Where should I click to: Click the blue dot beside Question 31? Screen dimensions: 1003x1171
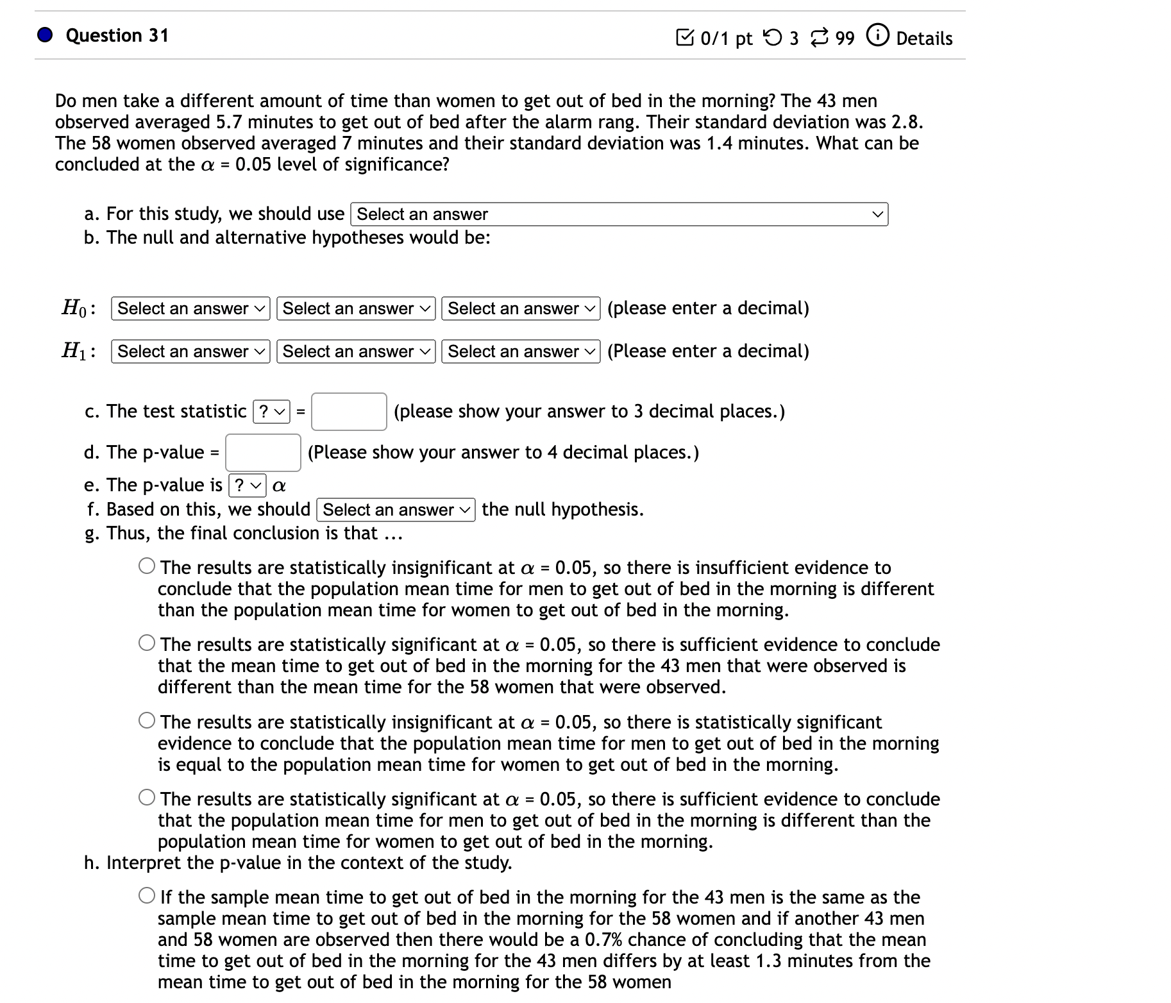pos(44,35)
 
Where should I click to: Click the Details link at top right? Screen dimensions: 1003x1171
pos(923,38)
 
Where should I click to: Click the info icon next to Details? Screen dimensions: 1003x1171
pos(877,36)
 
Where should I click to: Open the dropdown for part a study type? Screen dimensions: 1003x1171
pos(619,214)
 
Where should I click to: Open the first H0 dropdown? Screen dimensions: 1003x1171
pos(190,308)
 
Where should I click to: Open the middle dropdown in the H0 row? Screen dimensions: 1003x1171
pos(356,308)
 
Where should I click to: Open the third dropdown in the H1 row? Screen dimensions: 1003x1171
pos(521,351)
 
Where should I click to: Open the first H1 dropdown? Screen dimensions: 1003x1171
pos(190,351)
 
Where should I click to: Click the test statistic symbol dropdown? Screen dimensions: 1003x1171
pos(272,412)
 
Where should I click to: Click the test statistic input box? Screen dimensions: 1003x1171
pos(349,412)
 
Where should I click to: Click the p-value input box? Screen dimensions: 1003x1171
pos(263,453)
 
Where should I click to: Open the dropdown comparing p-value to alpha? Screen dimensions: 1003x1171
pos(247,485)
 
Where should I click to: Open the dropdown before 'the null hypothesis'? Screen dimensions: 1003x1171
pos(396,510)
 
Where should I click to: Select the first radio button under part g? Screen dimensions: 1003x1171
pos(147,567)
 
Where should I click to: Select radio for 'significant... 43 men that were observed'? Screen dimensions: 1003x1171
pos(147,644)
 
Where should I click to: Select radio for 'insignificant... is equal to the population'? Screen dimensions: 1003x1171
pos(147,721)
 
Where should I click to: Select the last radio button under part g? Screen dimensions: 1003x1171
pos(147,798)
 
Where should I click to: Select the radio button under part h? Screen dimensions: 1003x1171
pos(147,897)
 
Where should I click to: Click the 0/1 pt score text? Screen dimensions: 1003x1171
pos(725,38)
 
